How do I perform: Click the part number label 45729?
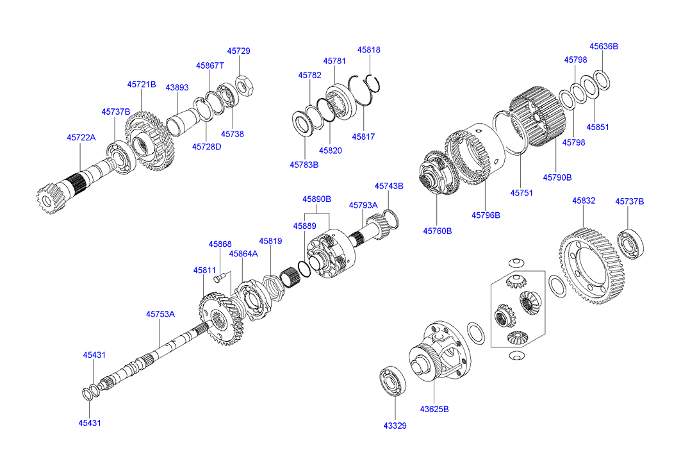238,51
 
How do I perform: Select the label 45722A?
81,137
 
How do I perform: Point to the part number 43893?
177,87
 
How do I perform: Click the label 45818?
369,49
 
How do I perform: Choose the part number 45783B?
304,165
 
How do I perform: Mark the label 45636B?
603,46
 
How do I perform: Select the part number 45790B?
557,177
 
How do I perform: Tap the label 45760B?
437,231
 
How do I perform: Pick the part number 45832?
584,201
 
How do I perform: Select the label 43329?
395,426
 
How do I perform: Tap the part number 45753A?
160,314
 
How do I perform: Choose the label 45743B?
389,186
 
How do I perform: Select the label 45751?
521,192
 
